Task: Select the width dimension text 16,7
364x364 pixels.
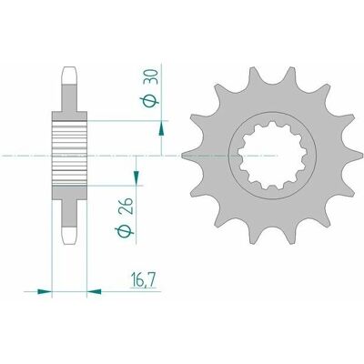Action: (x=143, y=279)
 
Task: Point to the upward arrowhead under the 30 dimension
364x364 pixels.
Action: (x=162, y=128)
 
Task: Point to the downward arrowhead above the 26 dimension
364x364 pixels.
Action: (x=136, y=177)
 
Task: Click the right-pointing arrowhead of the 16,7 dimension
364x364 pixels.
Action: (x=45, y=292)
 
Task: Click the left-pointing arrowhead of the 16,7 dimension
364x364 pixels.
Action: (x=94, y=292)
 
